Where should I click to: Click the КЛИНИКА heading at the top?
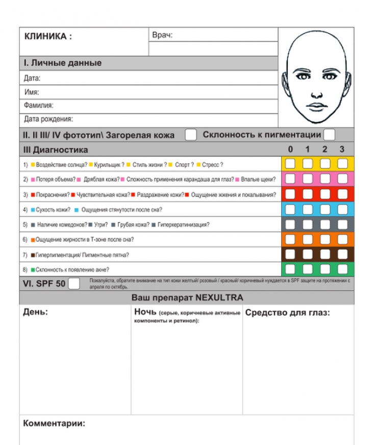point(48,36)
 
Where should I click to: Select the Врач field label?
point(162,35)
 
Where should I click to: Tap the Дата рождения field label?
point(48,119)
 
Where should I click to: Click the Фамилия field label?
point(39,106)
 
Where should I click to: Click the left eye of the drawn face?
point(305,77)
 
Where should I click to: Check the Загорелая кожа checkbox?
point(191,135)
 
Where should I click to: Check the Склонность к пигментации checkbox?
point(330,135)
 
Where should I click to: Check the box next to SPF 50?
point(74,283)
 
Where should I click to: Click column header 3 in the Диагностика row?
point(342,150)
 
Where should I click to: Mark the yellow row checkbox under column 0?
point(290,164)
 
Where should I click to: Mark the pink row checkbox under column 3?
point(342,179)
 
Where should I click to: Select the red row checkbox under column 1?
point(308,194)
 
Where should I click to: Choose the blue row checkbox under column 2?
point(325,209)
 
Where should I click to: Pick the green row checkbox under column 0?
point(290,269)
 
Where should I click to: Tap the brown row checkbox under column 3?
point(342,254)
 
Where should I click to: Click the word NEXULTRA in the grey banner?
point(221,298)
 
